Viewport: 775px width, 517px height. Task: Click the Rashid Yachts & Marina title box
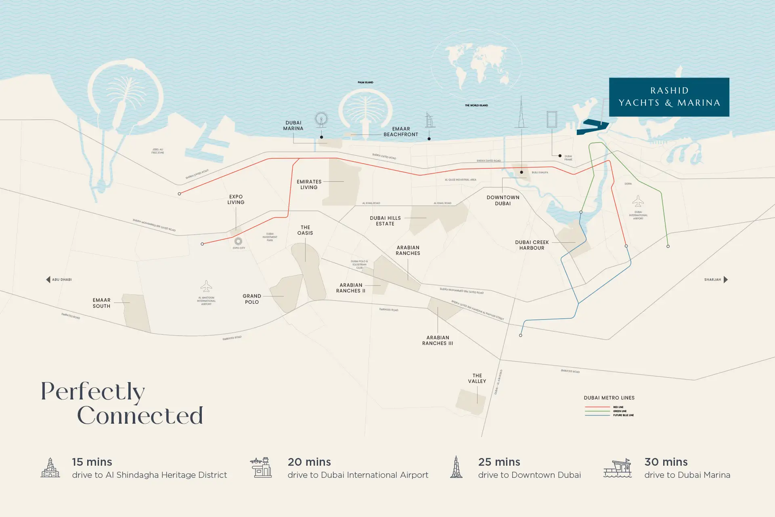click(x=669, y=97)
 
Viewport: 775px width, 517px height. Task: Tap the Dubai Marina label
click(x=293, y=126)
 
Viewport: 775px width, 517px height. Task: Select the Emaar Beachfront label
click(x=400, y=132)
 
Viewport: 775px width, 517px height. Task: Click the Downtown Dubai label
click(x=503, y=200)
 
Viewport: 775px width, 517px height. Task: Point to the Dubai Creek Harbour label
click(x=532, y=245)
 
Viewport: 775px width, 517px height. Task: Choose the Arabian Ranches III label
click(x=438, y=340)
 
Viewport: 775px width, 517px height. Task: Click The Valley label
click(x=477, y=378)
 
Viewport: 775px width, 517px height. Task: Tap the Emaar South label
click(x=101, y=303)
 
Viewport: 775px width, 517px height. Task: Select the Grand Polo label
click(x=252, y=299)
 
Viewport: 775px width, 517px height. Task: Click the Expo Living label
click(x=236, y=200)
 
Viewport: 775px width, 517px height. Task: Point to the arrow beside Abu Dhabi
click(x=48, y=280)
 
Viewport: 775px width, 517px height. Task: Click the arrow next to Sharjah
click(x=725, y=280)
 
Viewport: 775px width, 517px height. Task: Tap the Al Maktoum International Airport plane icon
click(x=206, y=286)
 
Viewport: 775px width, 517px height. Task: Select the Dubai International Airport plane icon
click(x=638, y=201)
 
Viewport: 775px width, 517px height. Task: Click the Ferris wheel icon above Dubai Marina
click(x=321, y=119)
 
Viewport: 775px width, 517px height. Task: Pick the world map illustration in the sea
click(x=477, y=65)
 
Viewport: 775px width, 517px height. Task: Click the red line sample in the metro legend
click(x=597, y=407)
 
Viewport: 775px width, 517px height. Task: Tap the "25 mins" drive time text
click(x=499, y=462)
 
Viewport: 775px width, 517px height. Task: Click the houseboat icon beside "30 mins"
click(x=617, y=469)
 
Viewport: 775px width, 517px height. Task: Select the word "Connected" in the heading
click(x=140, y=416)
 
